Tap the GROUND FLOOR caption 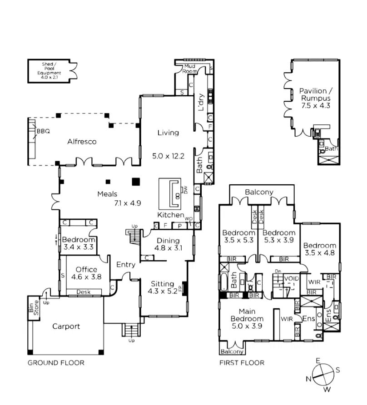(56, 363)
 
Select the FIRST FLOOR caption (242, 363)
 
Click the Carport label (66, 326)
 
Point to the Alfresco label (82, 142)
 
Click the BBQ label (43, 132)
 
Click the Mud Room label (189, 69)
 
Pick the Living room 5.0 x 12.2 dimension (168, 156)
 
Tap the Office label (86, 270)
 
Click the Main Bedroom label (247, 315)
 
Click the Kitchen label (171, 215)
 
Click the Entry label (125, 265)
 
